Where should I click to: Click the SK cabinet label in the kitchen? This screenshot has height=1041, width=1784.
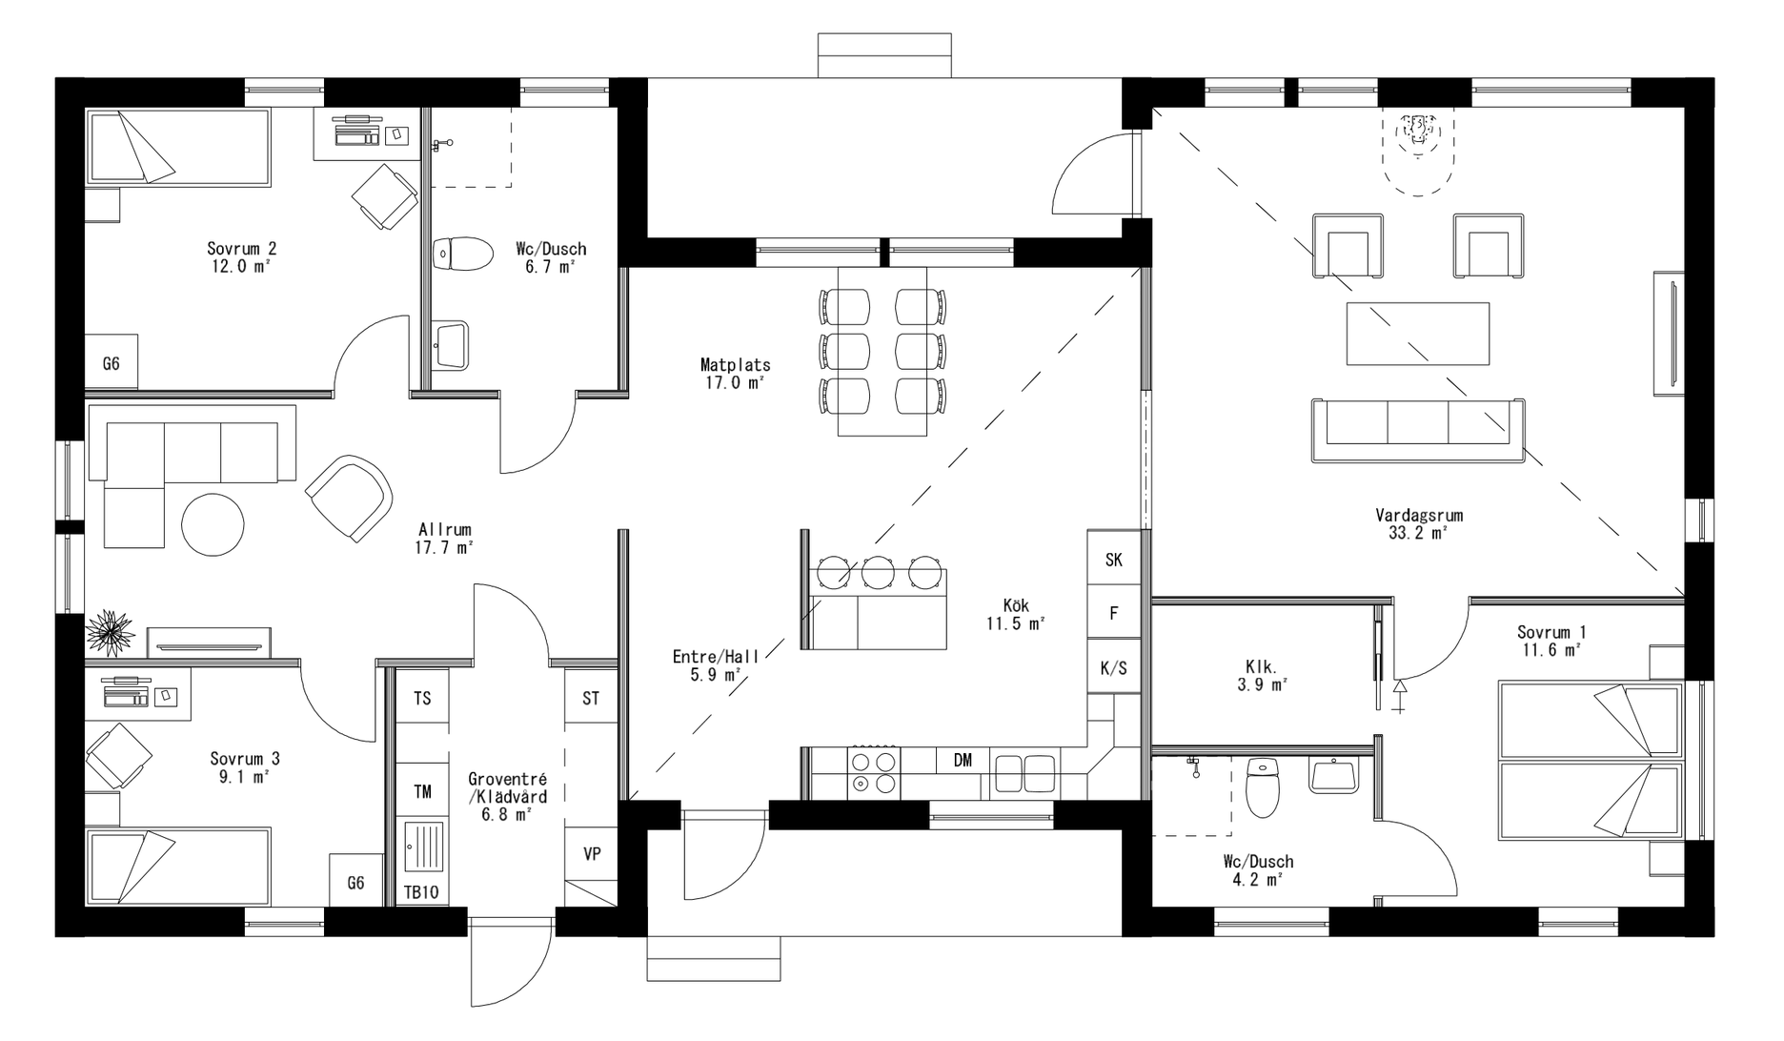(1113, 560)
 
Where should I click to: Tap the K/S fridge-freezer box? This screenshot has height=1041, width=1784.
(1113, 668)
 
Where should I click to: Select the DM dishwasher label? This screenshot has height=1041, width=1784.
(963, 760)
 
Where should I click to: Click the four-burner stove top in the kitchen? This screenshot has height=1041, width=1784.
(874, 773)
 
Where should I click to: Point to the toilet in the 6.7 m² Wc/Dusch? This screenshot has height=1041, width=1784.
(463, 255)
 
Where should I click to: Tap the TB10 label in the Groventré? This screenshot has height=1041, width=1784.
(421, 893)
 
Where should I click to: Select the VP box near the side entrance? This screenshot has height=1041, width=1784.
(592, 854)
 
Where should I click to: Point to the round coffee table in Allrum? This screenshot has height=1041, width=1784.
(213, 524)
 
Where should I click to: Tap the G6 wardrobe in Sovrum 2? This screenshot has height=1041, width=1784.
(111, 363)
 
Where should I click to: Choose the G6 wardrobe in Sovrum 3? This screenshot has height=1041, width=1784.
(355, 883)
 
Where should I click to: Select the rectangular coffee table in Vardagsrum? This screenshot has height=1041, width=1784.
(1417, 333)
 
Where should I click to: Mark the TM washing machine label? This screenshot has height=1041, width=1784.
(421, 791)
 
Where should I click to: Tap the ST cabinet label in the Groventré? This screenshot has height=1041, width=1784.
(591, 699)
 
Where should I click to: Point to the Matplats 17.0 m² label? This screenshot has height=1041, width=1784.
(734, 373)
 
